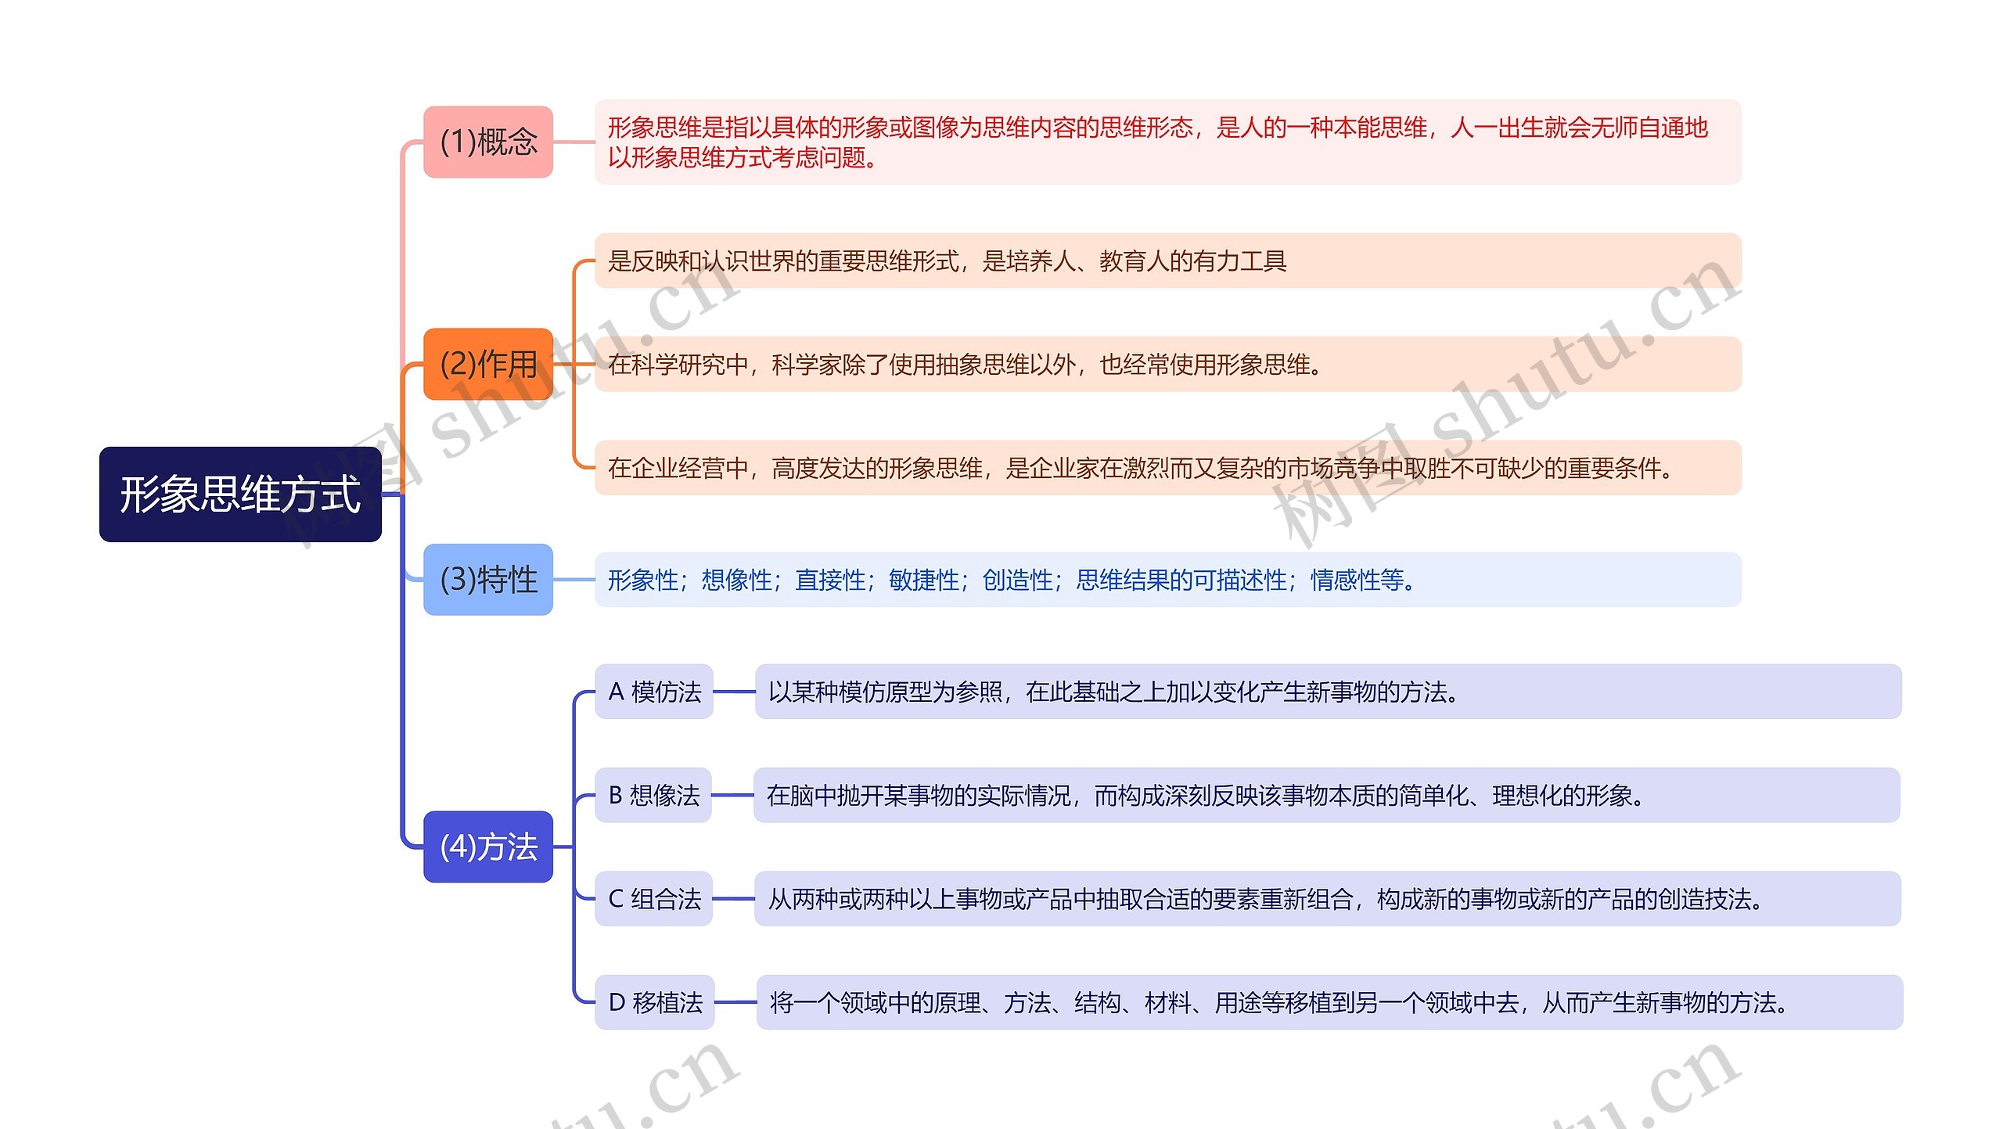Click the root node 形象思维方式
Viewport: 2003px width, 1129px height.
point(240,494)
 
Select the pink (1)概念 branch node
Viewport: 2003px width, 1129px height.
point(488,142)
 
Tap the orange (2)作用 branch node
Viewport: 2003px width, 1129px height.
point(488,364)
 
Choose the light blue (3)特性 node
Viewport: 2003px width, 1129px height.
point(488,579)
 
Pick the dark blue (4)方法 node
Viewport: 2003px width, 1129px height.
point(488,847)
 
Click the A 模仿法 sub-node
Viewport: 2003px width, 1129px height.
point(654,692)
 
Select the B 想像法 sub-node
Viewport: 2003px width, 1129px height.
point(653,795)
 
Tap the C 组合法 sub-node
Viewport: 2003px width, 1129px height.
point(654,898)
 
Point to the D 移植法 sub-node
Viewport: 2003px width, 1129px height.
point(655,1002)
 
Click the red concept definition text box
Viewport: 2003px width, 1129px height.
point(1168,142)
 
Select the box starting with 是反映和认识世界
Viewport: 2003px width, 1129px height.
point(1168,261)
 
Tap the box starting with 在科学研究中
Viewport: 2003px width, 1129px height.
point(1168,364)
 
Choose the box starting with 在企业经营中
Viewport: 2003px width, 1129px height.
point(1168,468)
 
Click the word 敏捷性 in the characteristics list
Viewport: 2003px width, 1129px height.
point(924,580)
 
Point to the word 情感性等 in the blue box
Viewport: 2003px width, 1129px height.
point(1358,580)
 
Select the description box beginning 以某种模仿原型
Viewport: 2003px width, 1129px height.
point(1329,692)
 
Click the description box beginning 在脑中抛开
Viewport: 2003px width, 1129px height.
point(1327,795)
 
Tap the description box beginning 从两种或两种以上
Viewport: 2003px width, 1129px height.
point(1328,898)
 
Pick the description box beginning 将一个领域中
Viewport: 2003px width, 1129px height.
point(1330,1002)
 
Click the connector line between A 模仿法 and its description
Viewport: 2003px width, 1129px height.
point(734,692)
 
